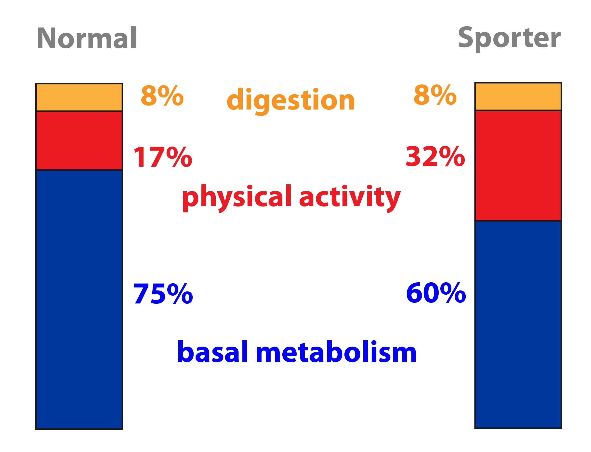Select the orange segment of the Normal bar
[79, 97]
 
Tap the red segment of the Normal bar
[79, 140]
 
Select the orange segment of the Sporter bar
[518, 96]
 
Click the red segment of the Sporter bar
[518, 165]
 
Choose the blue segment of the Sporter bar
[518, 325]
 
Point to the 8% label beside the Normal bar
[162, 96]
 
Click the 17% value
[163, 157]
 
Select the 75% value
[163, 294]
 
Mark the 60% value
[436, 293]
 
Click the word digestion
[291, 101]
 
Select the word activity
[350, 198]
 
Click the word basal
[212, 351]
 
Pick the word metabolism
[336, 351]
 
